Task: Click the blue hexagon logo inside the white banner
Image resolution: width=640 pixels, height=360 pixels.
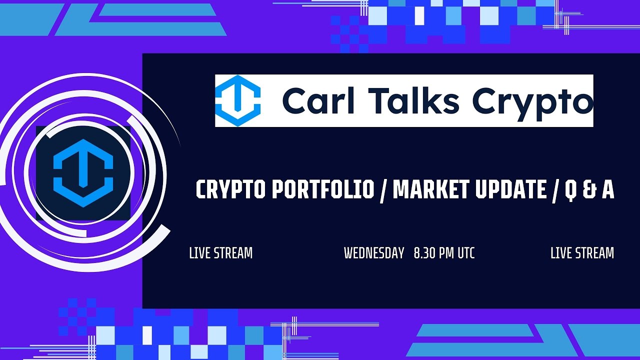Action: pyautogui.click(x=238, y=100)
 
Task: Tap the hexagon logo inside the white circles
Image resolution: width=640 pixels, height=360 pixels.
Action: pyautogui.click(x=83, y=173)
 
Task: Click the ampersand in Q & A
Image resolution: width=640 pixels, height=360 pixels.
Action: pyautogui.click(x=588, y=190)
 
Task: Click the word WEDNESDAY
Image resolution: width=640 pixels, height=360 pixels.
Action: pyautogui.click(x=374, y=253)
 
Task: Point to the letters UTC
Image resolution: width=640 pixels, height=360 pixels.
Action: pyautogui.click(x=465, y=253)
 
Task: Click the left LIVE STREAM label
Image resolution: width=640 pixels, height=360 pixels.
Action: pyautogui.click(x=220, y=253)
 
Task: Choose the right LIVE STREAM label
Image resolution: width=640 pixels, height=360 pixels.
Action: pyautogui.click(x=582, y=253)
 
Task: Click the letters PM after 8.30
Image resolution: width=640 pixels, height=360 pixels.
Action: pyautogui.click(x=447, y=253)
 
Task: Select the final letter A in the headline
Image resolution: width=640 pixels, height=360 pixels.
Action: pyautogui.click(x=607, y=190)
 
